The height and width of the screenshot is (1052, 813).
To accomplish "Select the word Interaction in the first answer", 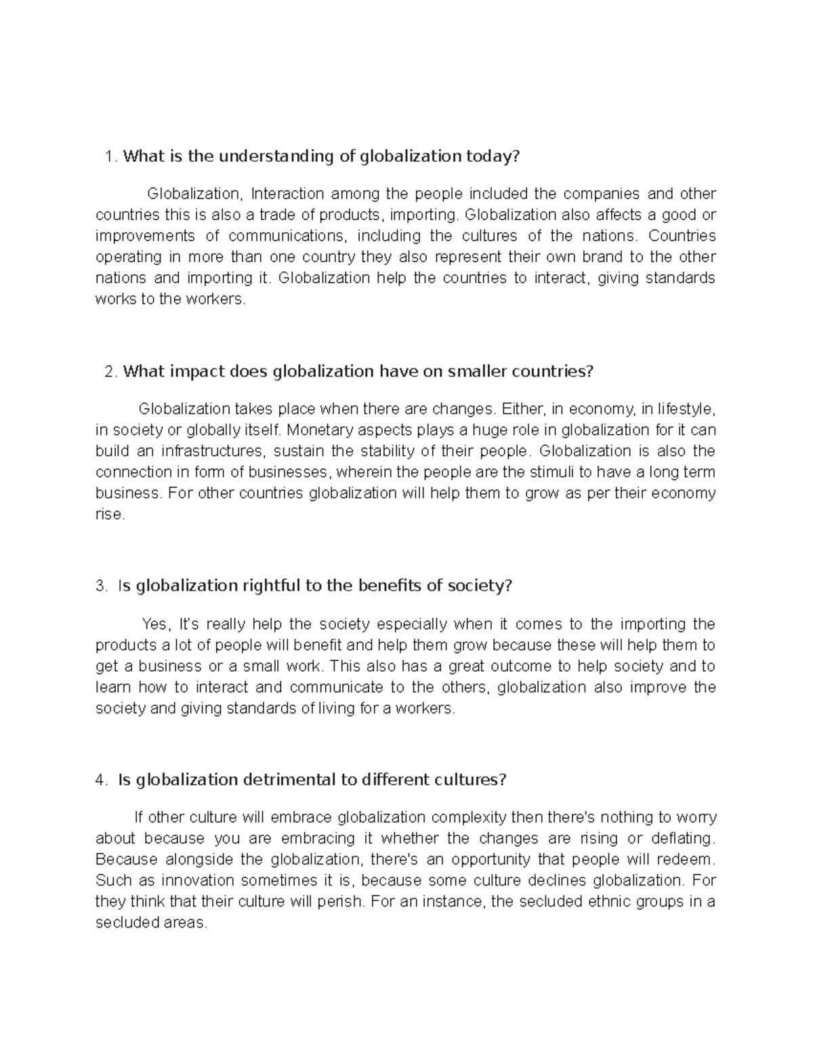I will [287, 194].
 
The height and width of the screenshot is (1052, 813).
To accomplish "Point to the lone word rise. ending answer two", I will [110, 514].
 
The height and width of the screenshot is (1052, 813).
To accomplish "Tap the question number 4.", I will [102, 780].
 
